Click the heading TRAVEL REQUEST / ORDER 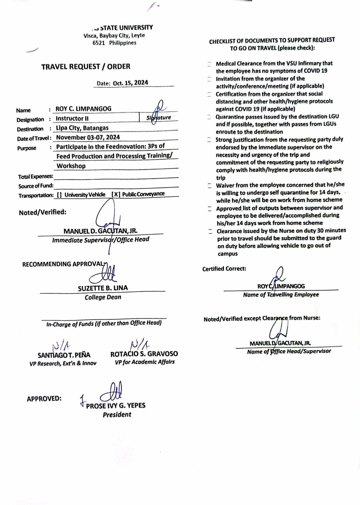coord(86,67)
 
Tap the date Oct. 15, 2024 coord(130,83)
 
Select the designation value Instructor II coord(72,118)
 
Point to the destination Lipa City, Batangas coord(82,128)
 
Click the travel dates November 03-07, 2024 coord(88,137)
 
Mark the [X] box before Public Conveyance coord(116,194)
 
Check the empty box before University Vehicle coord(59,195)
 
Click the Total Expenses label coord(35,176)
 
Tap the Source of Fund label coord(36,186)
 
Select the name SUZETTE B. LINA coord(103,288)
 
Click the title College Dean coord(103,297)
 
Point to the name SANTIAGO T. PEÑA coord(64,355)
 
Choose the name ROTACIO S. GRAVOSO coord(144,354)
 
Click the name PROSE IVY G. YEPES coord(116,406)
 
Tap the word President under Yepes coord(117,415)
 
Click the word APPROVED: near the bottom coord(44,399)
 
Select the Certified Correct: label coord(224,269)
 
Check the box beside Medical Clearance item coord(210,64)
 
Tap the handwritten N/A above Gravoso coord(140,344)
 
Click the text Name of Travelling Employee coord(281,295)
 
